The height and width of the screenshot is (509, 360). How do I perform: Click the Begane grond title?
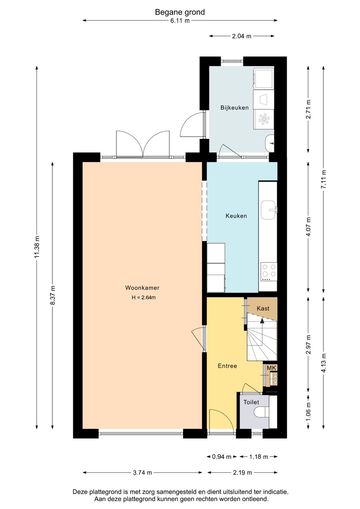coord(180,12)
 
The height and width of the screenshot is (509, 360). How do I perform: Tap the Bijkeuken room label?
coord(234,108)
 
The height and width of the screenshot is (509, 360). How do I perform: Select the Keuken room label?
coord(236,216)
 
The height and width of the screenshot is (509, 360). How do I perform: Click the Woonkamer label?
coord(142,288)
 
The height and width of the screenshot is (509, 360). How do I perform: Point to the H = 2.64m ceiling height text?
coord(144,298)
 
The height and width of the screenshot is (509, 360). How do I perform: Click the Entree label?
coord(227,366)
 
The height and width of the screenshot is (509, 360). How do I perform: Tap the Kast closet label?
coord(263,309)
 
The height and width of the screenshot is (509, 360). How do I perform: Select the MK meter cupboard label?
coord(271,368)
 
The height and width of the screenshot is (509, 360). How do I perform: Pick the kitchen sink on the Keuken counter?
coord(268,210)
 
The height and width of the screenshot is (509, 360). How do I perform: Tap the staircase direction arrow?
coord(262,321)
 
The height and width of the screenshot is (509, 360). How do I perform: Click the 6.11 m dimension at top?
coord(180,21)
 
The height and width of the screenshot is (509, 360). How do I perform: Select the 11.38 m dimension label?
coord(37,246)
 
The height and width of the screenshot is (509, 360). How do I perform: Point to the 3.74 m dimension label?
coord(142,472)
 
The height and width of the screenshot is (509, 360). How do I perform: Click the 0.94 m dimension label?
coord(222,457)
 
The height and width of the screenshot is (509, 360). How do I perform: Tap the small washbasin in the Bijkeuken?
coord(270,143)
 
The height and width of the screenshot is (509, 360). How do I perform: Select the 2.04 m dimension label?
coord(242,36)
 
